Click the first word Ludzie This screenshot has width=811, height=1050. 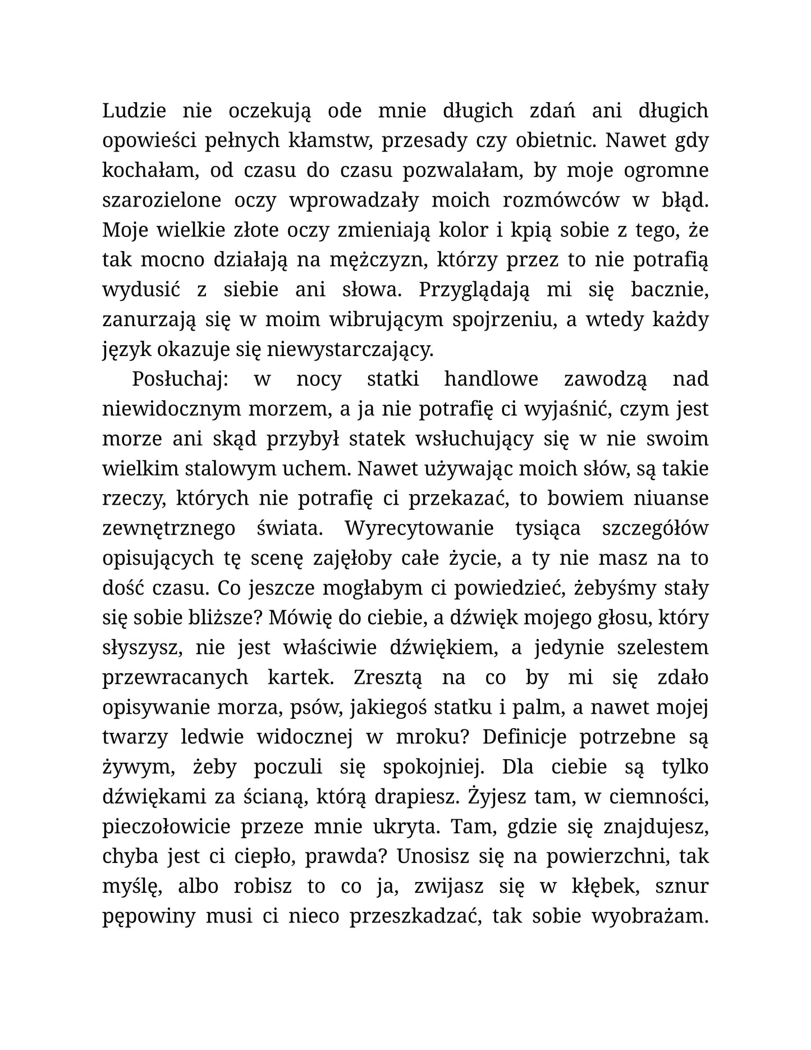tap(134, 111)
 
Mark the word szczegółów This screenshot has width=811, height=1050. tap(655, 528)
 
